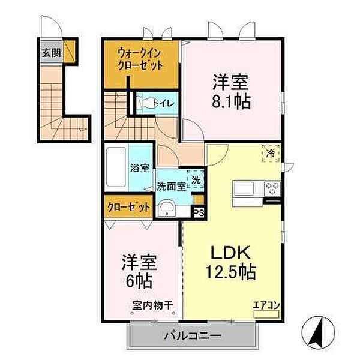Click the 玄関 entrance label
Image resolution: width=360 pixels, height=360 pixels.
tap(50, 52)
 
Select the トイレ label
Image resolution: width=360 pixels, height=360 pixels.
tap(163, 104)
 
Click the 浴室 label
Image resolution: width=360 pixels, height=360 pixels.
tap(140, 168)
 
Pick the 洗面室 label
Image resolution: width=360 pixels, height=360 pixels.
tap(170, 186)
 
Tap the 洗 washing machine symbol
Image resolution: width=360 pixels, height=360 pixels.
tap(196, 179)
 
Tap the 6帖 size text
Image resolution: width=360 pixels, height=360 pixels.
tap(139, 280)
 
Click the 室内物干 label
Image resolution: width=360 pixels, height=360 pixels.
tap(152, 305)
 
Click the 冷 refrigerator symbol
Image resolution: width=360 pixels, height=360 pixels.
tap(271, 154)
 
